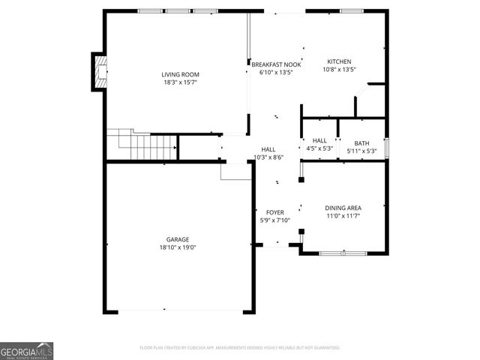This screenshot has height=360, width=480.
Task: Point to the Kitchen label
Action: coord(339,61)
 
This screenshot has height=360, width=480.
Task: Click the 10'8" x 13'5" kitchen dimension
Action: coord(339,70)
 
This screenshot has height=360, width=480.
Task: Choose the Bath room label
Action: coord(362,143)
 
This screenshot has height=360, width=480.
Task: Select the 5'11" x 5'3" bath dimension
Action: coord(362,151)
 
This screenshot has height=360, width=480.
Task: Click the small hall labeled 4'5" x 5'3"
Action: coord(319,140)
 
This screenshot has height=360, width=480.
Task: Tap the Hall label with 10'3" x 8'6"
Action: coord(268,149)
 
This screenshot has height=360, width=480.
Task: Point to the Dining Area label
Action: coord(343,208)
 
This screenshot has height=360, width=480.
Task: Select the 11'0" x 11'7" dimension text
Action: coord(343,216)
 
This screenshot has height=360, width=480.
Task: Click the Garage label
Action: coord(178,239)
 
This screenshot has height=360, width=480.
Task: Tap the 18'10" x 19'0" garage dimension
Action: coord(178,247)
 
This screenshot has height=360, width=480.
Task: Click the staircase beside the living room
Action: coord(141,145)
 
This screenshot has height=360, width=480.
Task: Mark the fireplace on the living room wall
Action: coord(98,70)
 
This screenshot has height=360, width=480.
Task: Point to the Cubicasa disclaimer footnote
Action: coord(240,348)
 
